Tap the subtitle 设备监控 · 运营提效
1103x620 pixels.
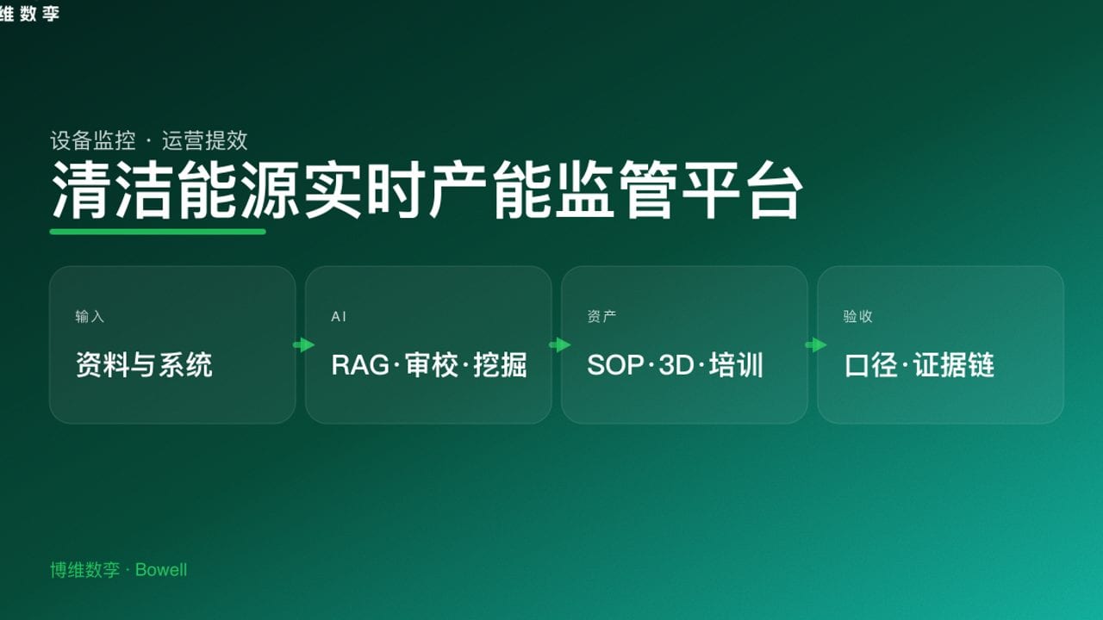pyautogui.click(x=149, y=140)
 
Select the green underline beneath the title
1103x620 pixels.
pyautogui.click(x=158, y=231)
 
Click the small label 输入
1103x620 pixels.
pyautogui.click(x=90, y=317)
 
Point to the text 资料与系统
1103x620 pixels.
pyautogui.click(x=144, y=365)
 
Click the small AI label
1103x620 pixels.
pyautogui.click(x=339, y=317)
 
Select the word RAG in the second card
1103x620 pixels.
pyautogui.click(x=359, y=365)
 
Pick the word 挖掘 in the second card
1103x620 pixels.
pyautogui.click(x=500, y=365)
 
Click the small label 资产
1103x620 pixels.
pyautogui.click(x=601, y=317)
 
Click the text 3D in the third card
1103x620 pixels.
pyautogui.click(x=676, y=365)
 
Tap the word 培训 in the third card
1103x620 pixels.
pyautogui.click(x=738, y=365)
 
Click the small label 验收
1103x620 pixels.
pyautogui.click(x=857, y=317)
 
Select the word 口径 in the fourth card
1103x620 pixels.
pyautogui.click(x=871, y=365)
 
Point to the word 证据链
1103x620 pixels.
pyautogui.click(x=954, y=365)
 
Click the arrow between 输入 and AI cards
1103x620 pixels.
pyautogui.click(x=303, y=345)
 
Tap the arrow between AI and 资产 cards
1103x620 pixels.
pyautogui.click(x=559, y=345)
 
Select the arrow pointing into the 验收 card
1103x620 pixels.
pyautogui.click(x=815, y=345)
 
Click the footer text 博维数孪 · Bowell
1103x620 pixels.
pyautogui.click(x=118, y=570)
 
